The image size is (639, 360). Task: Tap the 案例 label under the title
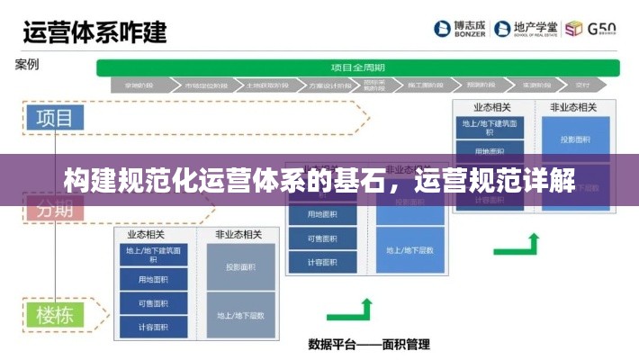coord(26,65)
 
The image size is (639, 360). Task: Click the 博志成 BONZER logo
coord(460,29)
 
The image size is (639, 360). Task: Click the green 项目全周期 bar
coord(358,67)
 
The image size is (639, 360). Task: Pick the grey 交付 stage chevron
coord(582,86)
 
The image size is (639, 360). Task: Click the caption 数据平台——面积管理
coord(368,344)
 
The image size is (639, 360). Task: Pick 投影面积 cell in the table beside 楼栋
coord(239,266)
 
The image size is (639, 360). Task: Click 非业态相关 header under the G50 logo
coord(573,107)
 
